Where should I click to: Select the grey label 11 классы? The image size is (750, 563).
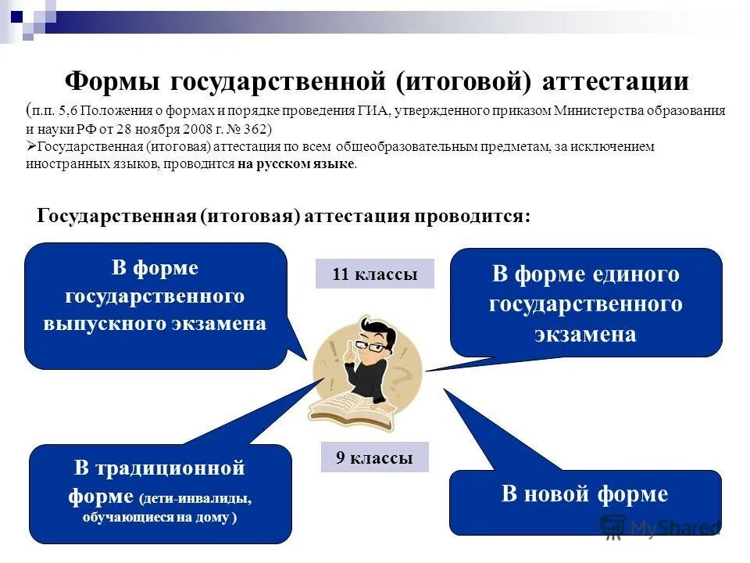(374, 274)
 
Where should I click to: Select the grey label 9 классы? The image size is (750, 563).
(374, 458)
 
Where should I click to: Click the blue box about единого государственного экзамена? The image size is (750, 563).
(585, 303)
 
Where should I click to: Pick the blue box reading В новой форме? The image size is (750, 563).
(584, 494)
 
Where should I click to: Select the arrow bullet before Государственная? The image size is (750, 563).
(31, 147)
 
